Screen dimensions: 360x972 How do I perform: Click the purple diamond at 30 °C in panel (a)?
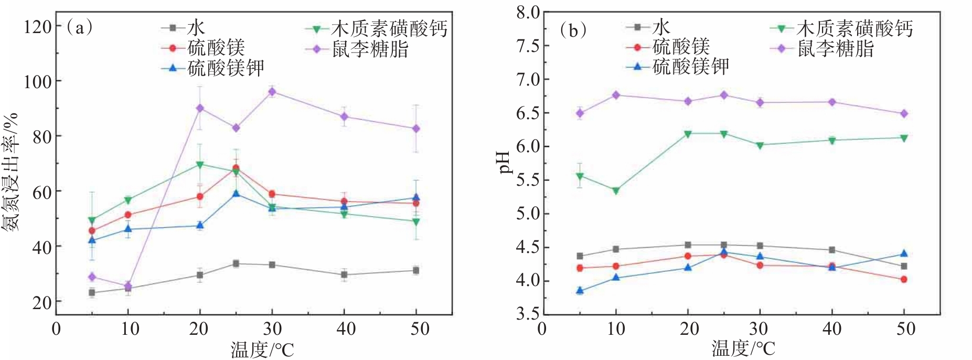[x=272, y=92]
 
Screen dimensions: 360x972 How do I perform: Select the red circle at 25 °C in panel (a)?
[x=236, y=168]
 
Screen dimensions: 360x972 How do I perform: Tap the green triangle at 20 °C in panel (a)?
[x=200, y=164]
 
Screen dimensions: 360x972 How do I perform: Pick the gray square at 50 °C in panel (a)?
[x=416, y=270]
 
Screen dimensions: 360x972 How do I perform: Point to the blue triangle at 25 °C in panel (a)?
[x=236, y=194]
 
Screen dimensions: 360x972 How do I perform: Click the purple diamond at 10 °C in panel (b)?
[x=616, y=95]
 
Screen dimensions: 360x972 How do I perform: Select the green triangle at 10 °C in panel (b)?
[x=616, y=191]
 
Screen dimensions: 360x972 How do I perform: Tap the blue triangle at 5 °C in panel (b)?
[x=580, y=290]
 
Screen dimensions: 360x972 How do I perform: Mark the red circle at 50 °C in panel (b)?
[x=904, y=279]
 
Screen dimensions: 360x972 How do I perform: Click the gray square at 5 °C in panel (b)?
[x=580, y=256]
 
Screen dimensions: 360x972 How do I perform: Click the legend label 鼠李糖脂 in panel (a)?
[x=370, y=49]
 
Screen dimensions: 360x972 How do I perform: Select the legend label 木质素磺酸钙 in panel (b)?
[x=854, y=28]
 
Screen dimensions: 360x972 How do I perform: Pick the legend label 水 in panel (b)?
[x=661, y=27]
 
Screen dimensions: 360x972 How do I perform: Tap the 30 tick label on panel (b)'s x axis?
[x=759, y=329]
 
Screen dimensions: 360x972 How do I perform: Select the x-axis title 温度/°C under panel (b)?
[x=743, y=349]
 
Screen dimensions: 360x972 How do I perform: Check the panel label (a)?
[x=79, y=27]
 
